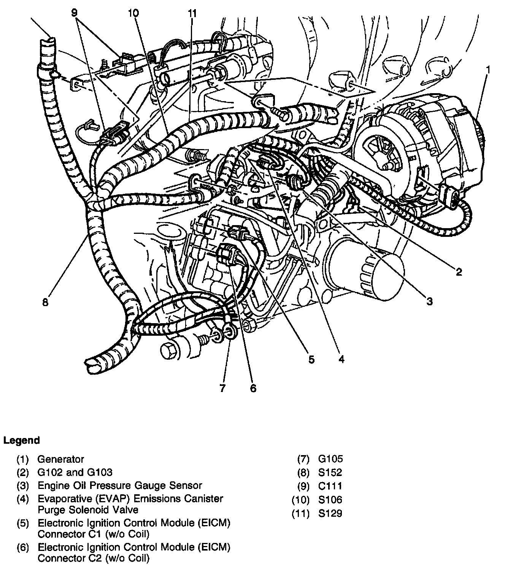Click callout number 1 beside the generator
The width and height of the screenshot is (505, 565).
488,70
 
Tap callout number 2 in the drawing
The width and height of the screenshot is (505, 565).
459,271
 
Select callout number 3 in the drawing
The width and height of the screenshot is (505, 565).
429,302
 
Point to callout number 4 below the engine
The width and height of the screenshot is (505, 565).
341,359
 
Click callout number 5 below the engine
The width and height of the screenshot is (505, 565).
311,359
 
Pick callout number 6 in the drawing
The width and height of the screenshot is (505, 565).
253,388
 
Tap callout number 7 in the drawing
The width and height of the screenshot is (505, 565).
222,388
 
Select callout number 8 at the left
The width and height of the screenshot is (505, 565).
45,303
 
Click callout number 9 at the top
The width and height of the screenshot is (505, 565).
74,12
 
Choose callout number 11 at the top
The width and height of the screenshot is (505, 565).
192,13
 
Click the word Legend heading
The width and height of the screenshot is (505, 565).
21,441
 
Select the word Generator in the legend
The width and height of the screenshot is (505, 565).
60,459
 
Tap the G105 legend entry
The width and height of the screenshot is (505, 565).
330,459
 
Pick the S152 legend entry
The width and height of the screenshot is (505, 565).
330,473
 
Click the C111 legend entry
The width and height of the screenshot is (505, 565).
330,486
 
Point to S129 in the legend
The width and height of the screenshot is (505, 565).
330,513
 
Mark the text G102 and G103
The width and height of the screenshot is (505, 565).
75,473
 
